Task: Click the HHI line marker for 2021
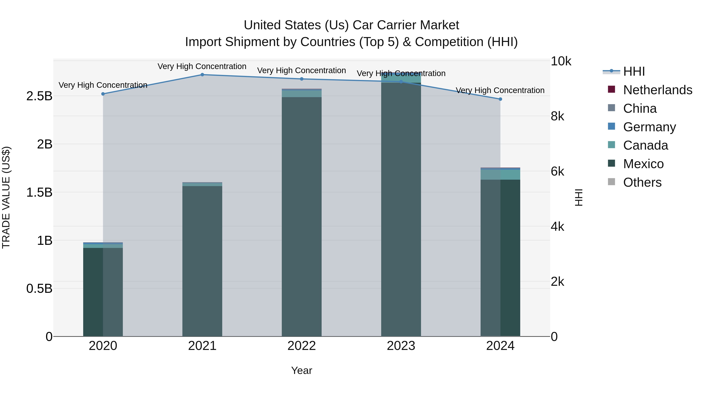coord(202,75)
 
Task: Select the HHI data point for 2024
coord(500,99)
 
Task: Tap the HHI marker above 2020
coord(103,94)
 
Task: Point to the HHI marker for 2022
coord(302,79)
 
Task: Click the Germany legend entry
coord(649,127)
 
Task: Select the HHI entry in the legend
coord(634,71)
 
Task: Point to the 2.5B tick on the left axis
coord(39,96)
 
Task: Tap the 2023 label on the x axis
coord(401,346)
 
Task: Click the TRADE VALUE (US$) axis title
coord(6,197)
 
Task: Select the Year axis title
coord(302,370)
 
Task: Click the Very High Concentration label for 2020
coord(103,85)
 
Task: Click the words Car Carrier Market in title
coord(406,25)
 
